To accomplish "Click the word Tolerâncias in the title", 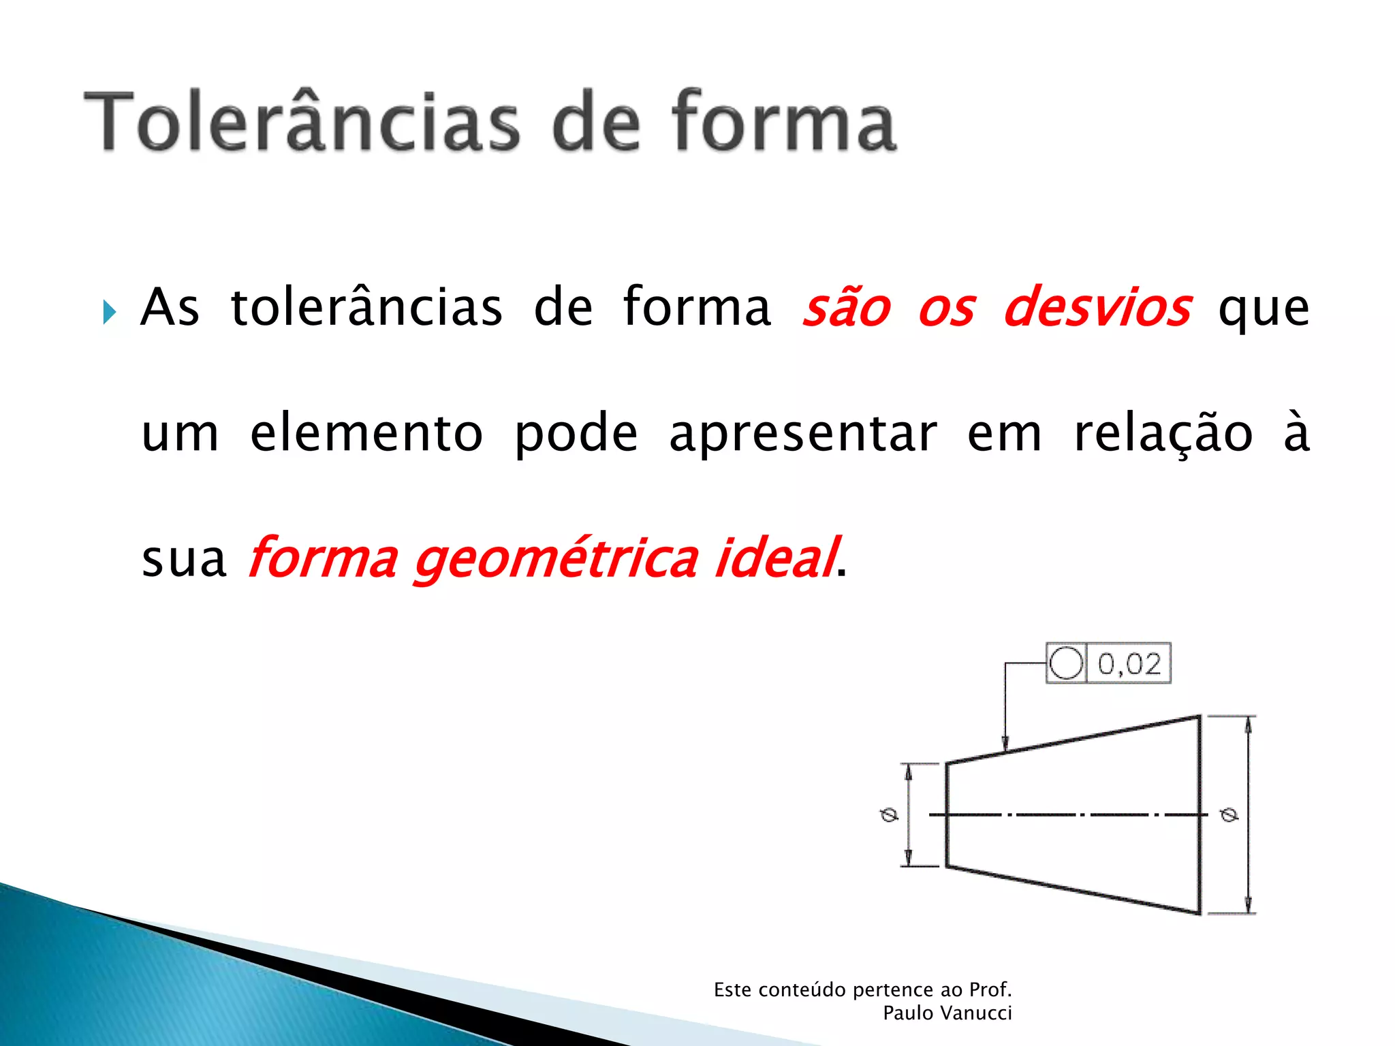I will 302,121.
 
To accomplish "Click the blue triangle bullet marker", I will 109,312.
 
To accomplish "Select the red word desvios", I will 1097,306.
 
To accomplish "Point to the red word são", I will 847,308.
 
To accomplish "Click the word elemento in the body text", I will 366,433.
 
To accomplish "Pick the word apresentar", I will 803,434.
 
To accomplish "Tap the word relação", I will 1163,433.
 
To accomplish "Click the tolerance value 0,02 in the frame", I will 1129,663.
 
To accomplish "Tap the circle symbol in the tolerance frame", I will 1066,663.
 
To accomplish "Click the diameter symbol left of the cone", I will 889,814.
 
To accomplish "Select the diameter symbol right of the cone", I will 1229,814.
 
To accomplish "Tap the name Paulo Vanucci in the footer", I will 947,1013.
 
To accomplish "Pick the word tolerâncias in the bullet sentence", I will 366,308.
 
